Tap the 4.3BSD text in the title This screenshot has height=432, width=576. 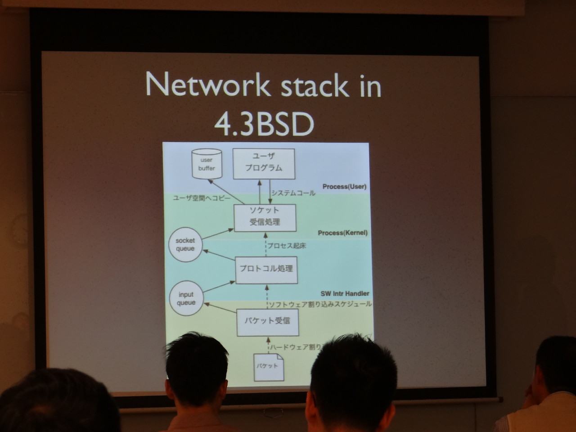click(x=264, y=124)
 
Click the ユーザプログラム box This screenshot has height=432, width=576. click(x=264, y=162)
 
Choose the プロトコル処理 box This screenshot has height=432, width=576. click(x=266, y=269)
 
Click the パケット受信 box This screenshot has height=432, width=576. click(x=267, y=321)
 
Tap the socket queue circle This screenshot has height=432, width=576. click(x=185, y=245)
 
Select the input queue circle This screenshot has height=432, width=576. click(x=186, y=299)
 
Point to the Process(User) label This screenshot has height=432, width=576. click(x=344, y=186)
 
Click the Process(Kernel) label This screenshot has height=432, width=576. click(x=342, y=233)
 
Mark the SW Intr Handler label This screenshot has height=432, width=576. click(x=345, y=293)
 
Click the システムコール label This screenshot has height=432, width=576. click(x=293, y=193)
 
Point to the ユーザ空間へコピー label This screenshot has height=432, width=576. click(x=202, y=198)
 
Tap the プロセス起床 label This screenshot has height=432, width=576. click(x=287, y=246)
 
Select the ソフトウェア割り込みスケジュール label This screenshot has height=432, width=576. click(x=320, y=304)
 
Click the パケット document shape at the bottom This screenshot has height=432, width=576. click(x=268, y=366)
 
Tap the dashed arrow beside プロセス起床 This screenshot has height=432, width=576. click(x=265, y=245)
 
